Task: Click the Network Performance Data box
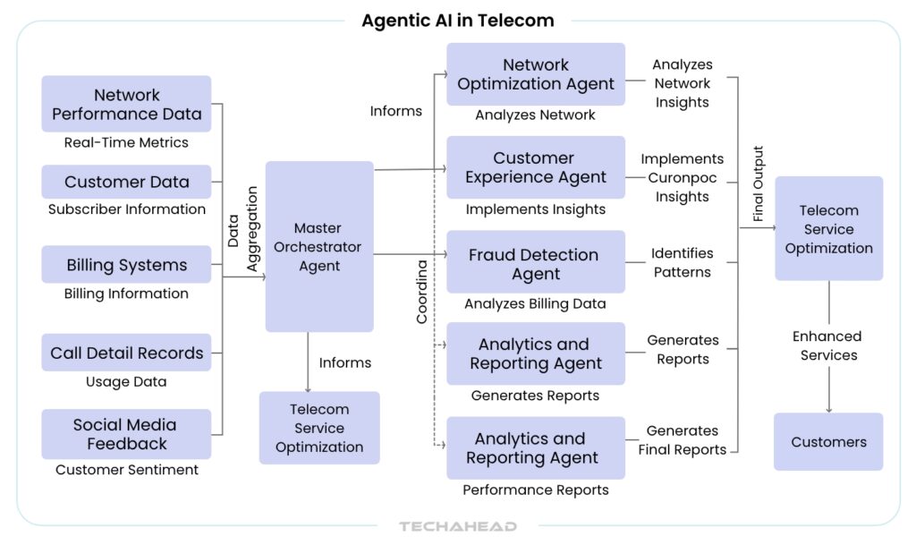pyautogui.click(x=126, y=104)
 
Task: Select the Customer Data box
pyautogui.click(x=126, y=182)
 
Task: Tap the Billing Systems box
pyautogui.click(x=126, y=265)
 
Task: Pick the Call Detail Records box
pyautogui.click(x=126, y=353)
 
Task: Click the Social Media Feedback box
pyautogui.click(x=126, y=434)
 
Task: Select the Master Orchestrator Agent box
pyautogui.click(x=319, y=246)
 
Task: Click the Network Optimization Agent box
pyautogui.click(x=536, y=74)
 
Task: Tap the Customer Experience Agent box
pyautogui.click(x=536, y=167)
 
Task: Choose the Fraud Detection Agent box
pyautogui.click(x=536, y=264)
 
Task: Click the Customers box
pyautogui.click(x=828, y=441)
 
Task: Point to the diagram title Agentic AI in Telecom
pyautogui.click(x=457, y=20)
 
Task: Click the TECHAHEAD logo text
pyautogui.click(x=458, y=526)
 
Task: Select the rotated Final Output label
pyautogui.click(x=759, y=183)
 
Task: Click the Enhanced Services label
pyautogui.click(x=828, y=345)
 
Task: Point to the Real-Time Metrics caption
pyautogui.click(x=126, y=142)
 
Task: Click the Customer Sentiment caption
pyautogui.click(x=126, y=469)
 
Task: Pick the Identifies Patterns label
pyautogui.click(x=682, y=263)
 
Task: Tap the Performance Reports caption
pyautogui.click(x=536, y=490)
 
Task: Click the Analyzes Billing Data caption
pyautogui.click(x=536, y=303)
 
